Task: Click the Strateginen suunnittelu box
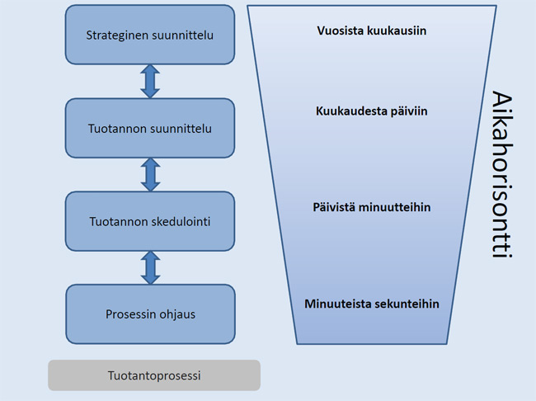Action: coord(150,35)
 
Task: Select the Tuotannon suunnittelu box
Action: coord(150,128)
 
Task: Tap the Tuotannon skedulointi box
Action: coord(150,221)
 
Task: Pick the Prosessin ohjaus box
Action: coord(150,314)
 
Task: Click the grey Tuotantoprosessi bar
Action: coord(154,375)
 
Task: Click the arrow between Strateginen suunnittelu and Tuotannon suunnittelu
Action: coord(150,81)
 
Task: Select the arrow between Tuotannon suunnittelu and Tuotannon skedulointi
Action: coord(150,174)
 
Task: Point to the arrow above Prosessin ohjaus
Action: coord(150,267)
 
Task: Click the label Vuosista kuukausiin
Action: coord(371,31)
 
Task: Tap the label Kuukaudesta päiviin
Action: coord(371,110)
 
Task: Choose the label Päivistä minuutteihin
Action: coord(371,207)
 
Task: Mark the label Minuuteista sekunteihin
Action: coord(371,304)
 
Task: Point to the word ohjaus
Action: coord(179,314)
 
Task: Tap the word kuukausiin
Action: coord(399,31)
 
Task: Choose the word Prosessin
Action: coord(130,314)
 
